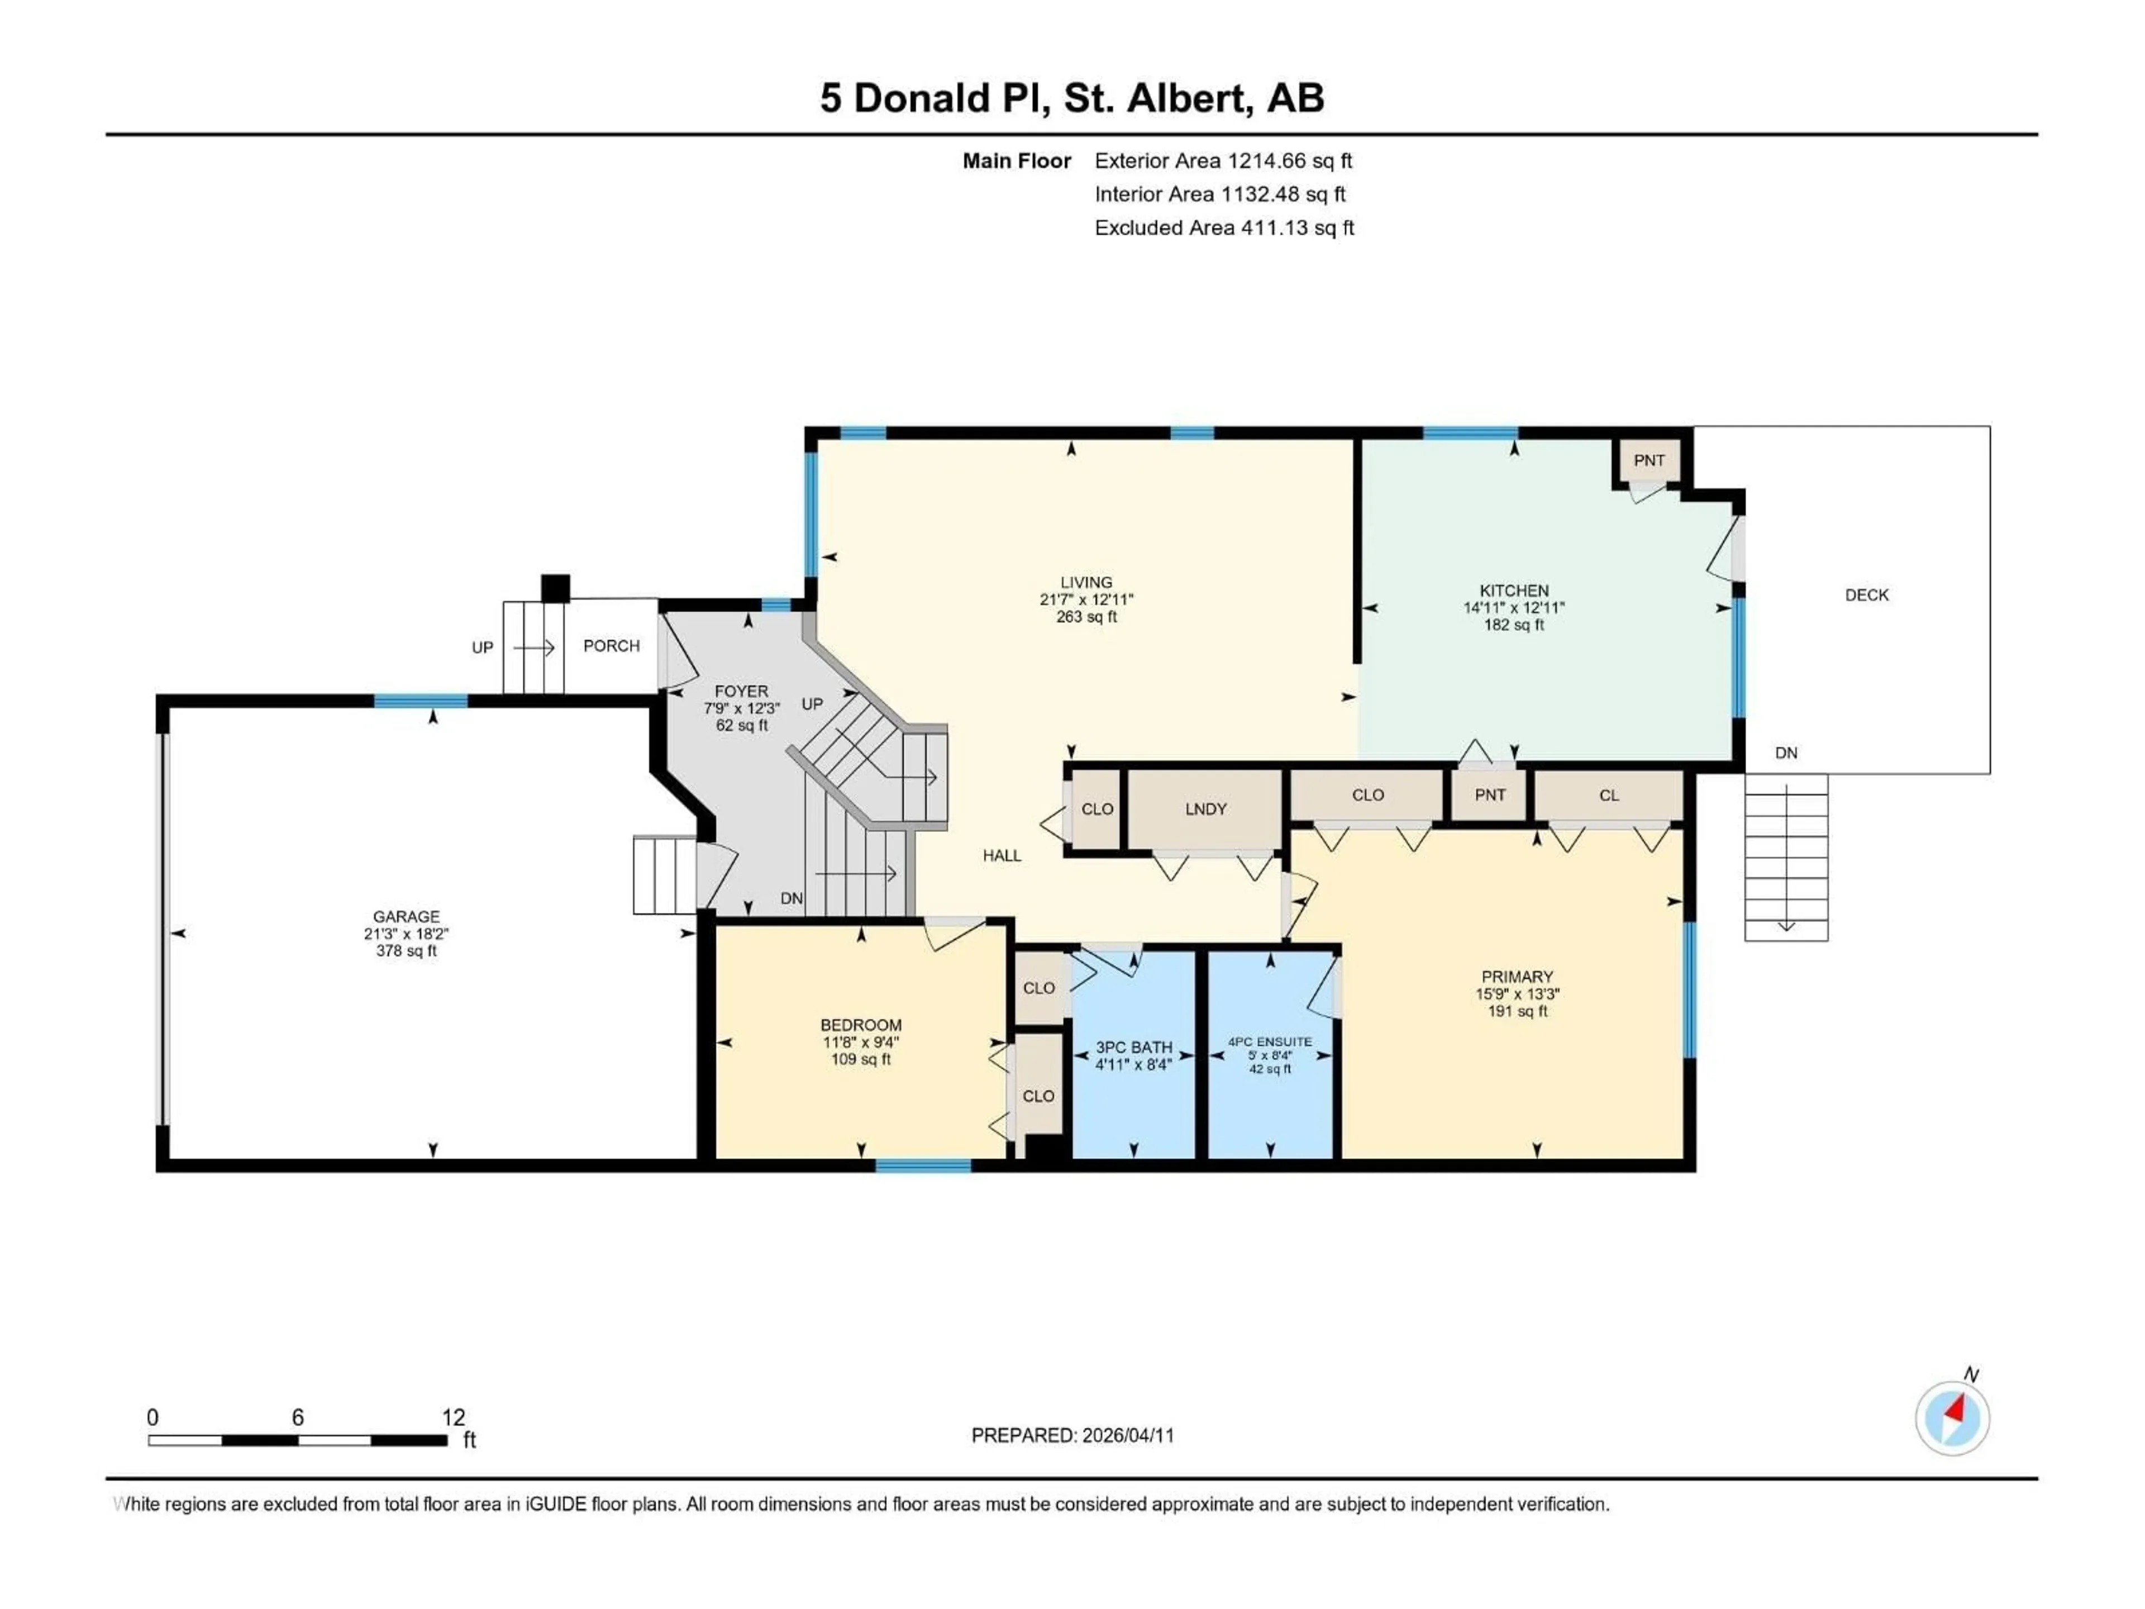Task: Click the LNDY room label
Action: point(1205,809)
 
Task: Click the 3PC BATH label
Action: point(1133,1048)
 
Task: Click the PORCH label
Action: point(611,646)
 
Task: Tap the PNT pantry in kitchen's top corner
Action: point(1648,461)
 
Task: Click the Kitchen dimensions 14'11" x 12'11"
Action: point(1514,608)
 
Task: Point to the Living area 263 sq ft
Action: point(1086,617)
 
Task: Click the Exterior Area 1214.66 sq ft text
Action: point(1223,161)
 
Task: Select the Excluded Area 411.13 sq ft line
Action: point(1224,228)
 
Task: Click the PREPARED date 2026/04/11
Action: point(1072,1435)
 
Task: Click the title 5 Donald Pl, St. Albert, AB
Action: point(1071,98)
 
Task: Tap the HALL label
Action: point(1002,855)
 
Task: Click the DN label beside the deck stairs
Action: point(1785,753)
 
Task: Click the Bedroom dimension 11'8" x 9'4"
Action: point(860,1042)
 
